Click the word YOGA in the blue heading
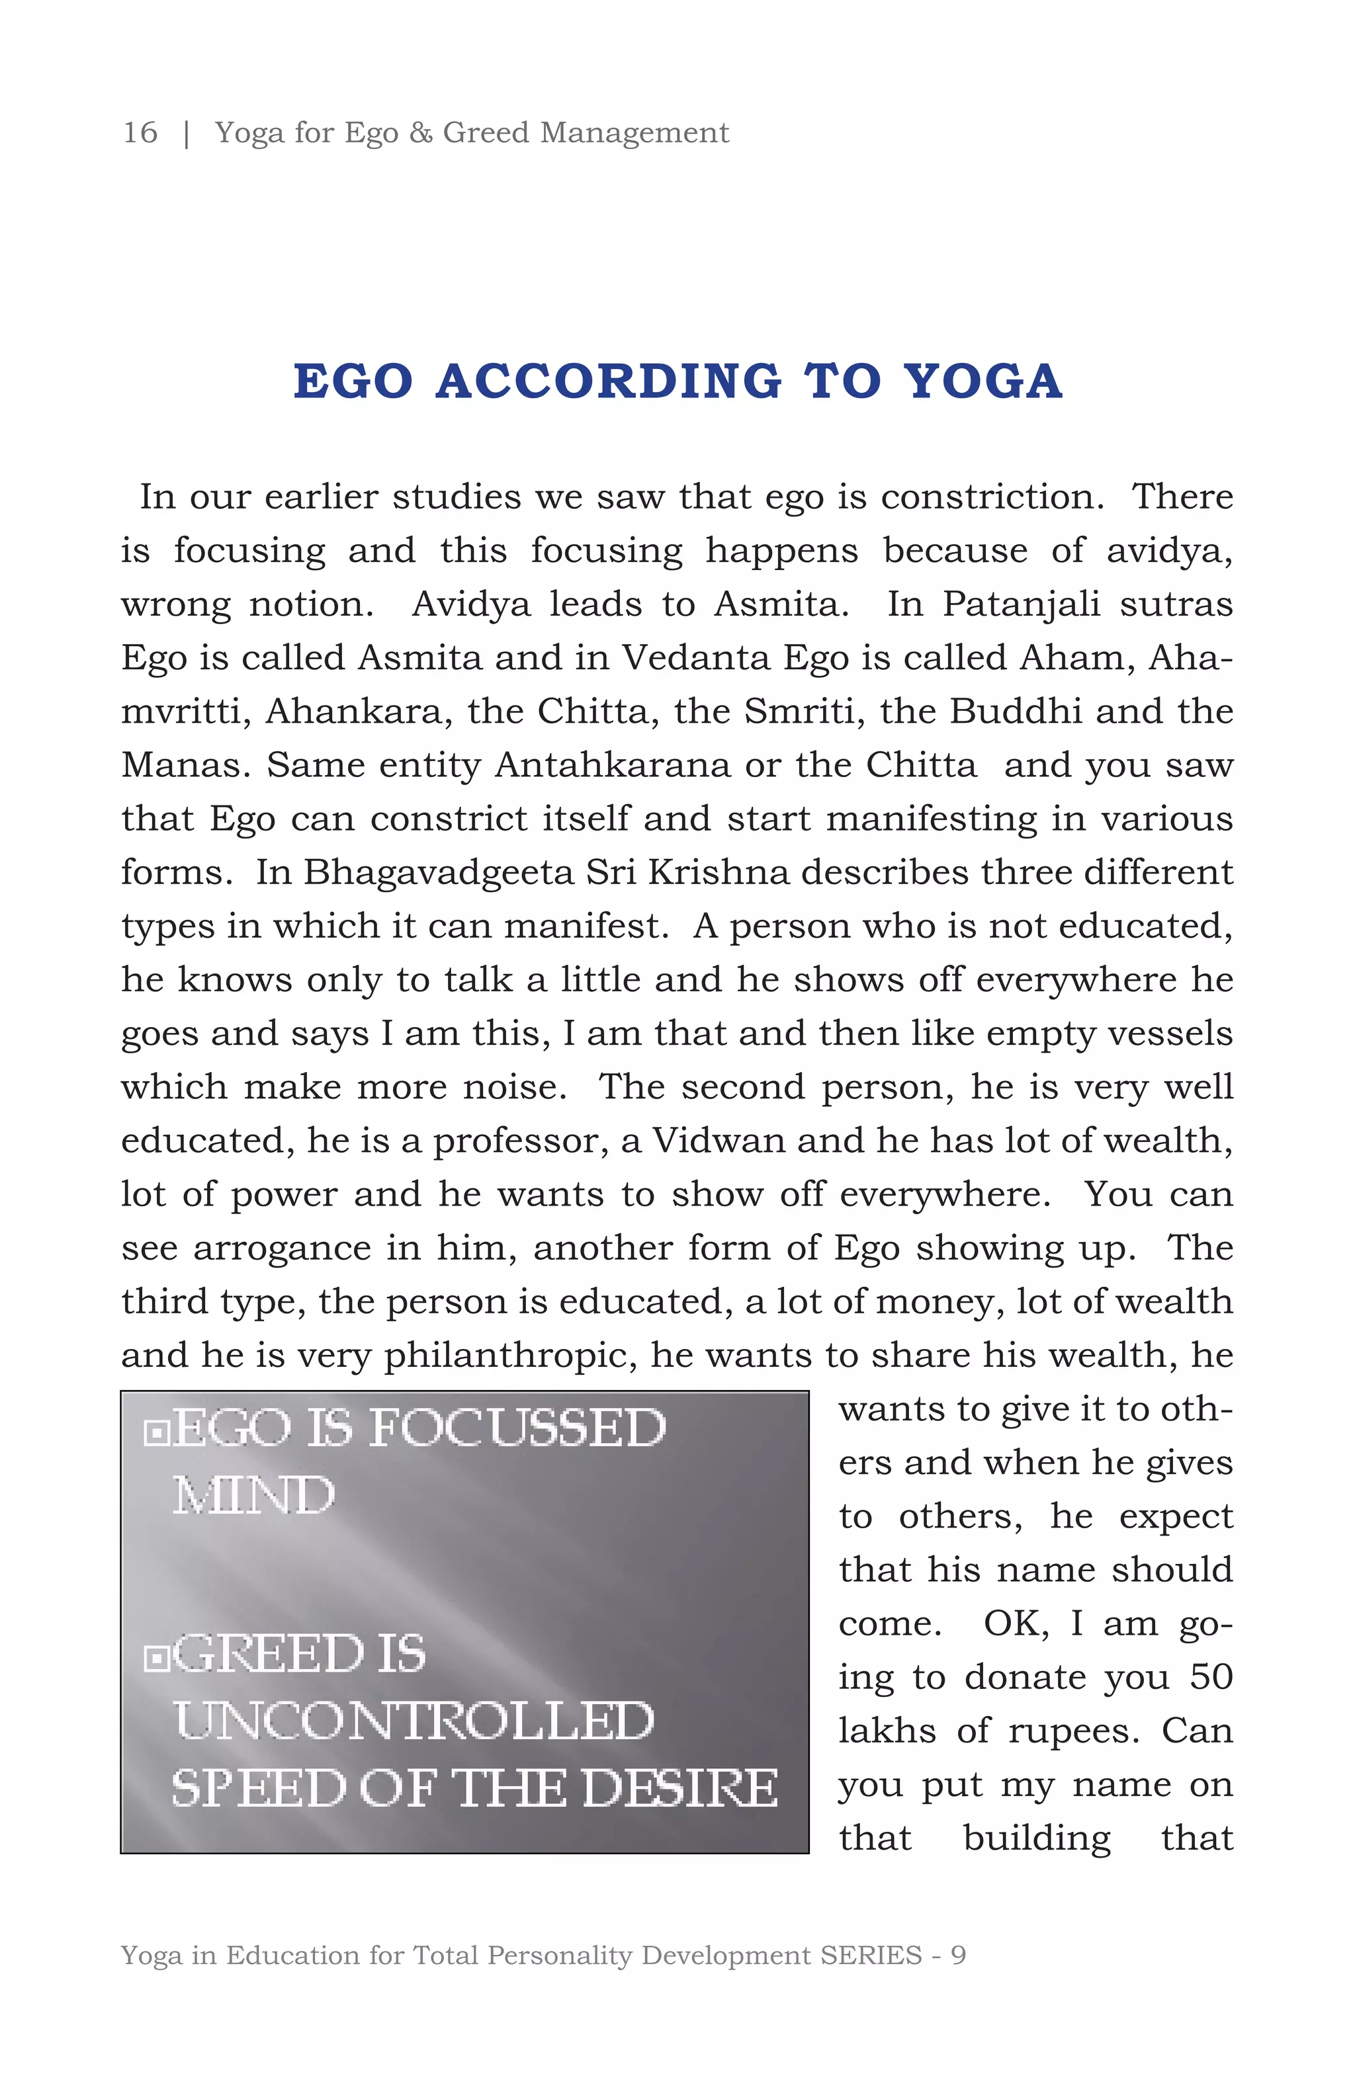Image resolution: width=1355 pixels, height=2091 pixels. coord(983,382)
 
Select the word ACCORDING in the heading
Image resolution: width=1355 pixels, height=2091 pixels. coord(608,382)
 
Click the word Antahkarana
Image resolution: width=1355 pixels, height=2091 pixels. coord(613,764)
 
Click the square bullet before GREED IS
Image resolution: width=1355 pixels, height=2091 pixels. coord(156,1658)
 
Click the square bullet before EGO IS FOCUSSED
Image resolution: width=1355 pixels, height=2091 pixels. coord(156,1433)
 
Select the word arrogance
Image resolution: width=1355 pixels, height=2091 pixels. coord(281,1248)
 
